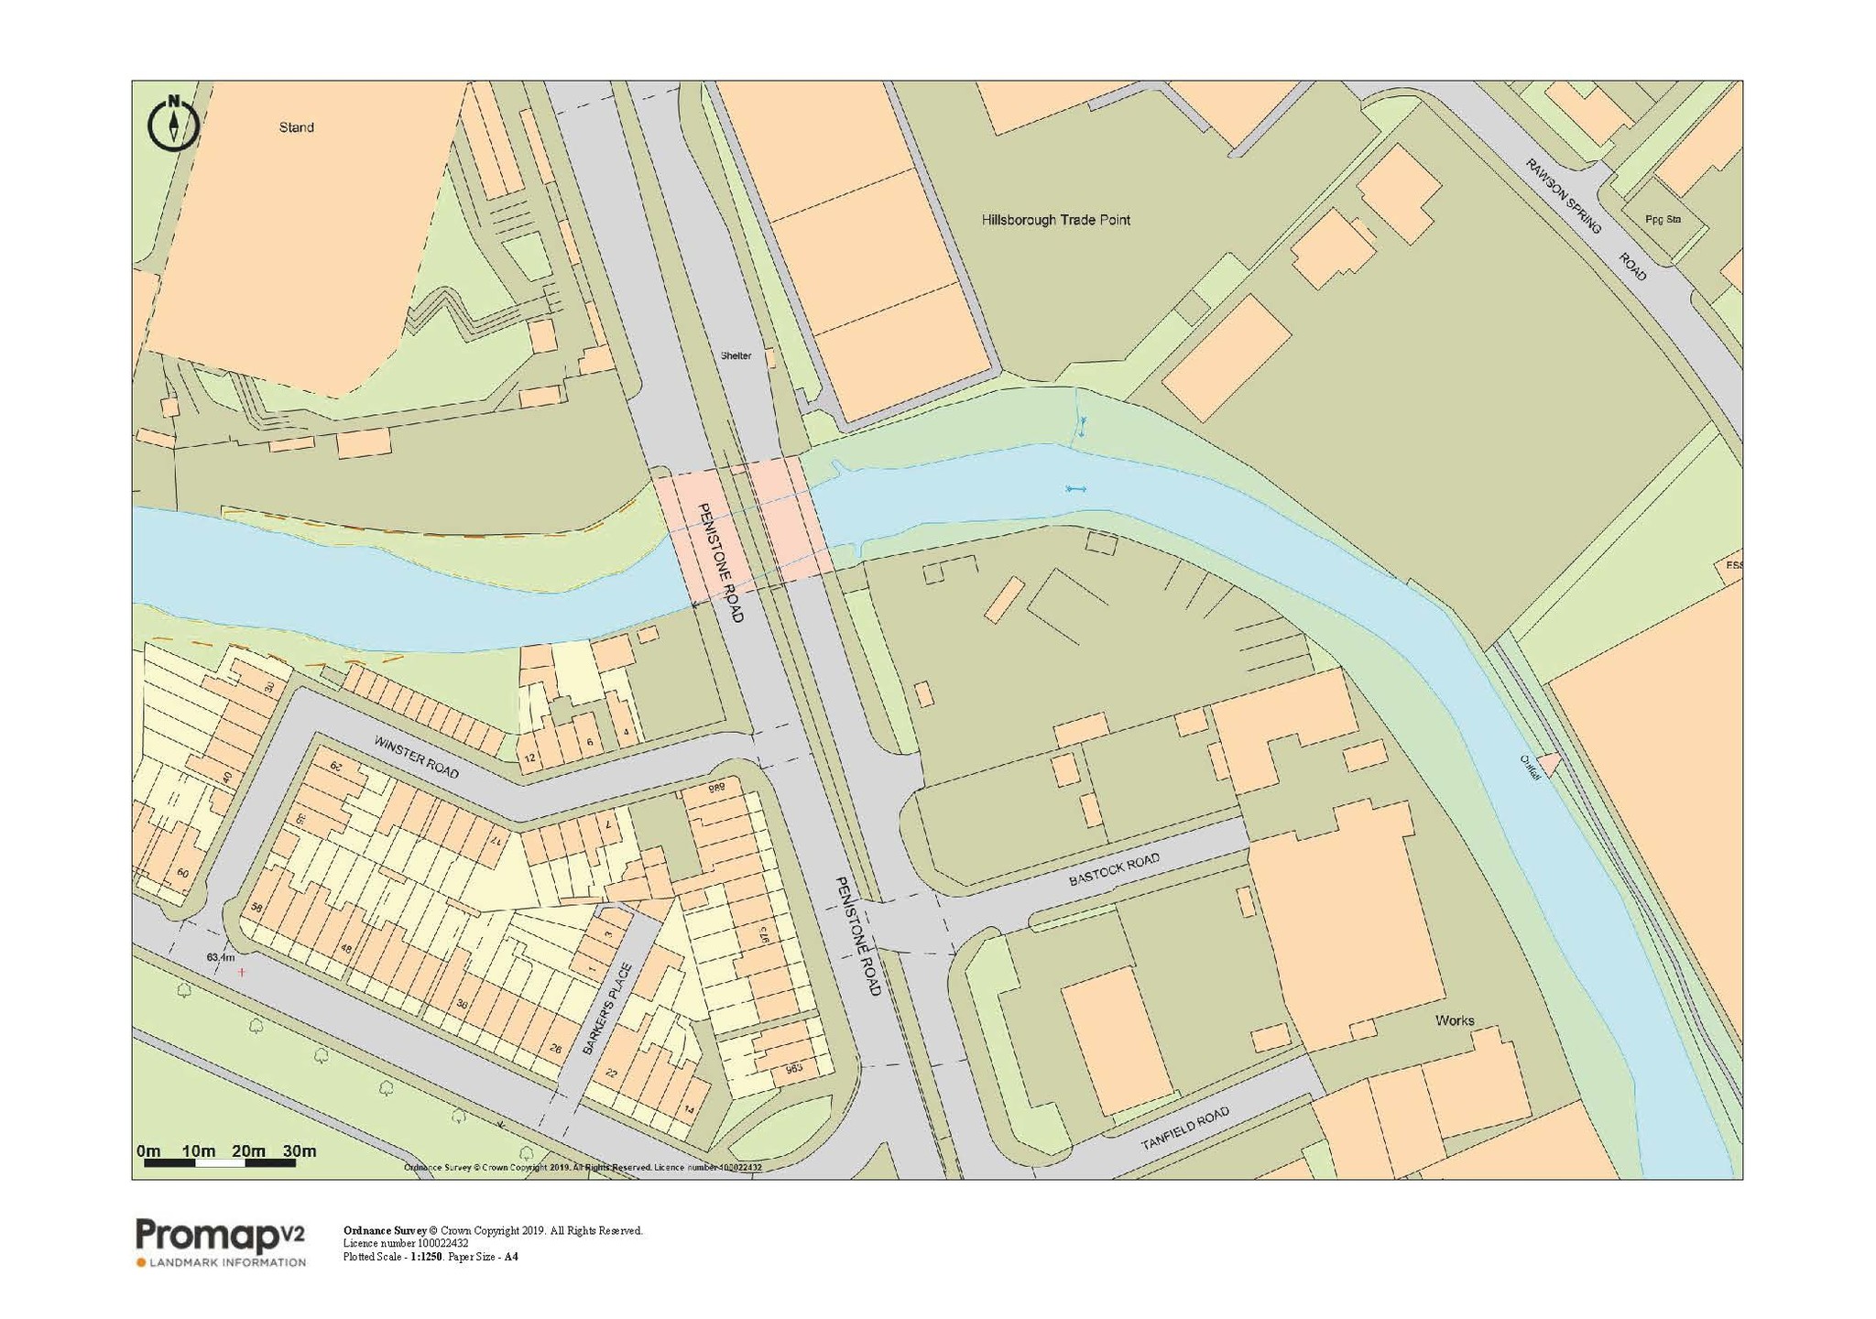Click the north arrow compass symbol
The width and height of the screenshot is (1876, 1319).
click(173, 122)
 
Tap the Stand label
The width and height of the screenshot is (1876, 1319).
click(296, 127)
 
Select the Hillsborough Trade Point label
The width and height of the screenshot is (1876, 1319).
click(1055, 220)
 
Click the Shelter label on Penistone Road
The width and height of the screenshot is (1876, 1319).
click(736, 355)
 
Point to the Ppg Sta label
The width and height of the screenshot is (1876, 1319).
click(1663, 219)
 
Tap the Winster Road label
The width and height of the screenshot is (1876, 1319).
click(416, 757)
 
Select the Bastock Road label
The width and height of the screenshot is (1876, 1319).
click(1114, 869)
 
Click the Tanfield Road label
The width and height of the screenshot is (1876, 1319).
click(1184, 1128)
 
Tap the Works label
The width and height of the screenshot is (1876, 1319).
click(1455, 1020)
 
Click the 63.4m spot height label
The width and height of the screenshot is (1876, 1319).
click(220, 957)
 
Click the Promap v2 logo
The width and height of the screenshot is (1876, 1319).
click(220, 1237)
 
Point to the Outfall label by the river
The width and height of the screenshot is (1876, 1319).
click(1531, 767)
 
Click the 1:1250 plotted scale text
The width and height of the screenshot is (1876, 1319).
click(426, 1257)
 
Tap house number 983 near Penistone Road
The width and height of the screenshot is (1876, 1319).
click(794, 1069)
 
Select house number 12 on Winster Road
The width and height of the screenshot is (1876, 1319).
click(529, 758)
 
